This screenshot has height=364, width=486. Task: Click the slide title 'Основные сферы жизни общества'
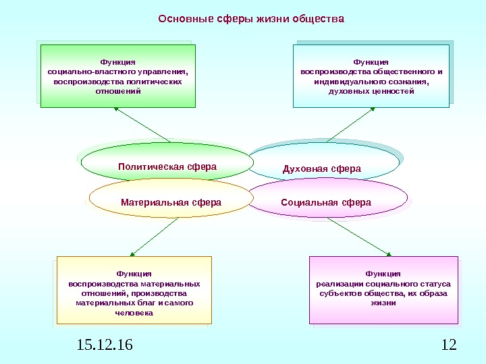point(251,19)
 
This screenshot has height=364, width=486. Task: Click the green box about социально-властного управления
point(118,76)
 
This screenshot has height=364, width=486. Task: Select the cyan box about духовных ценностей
point(371,76)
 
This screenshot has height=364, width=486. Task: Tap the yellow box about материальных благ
point(134,290)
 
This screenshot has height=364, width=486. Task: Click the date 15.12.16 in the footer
point(105,346)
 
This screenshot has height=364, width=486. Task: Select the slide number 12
point(448,346)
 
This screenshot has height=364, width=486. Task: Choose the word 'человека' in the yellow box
point(134,313)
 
